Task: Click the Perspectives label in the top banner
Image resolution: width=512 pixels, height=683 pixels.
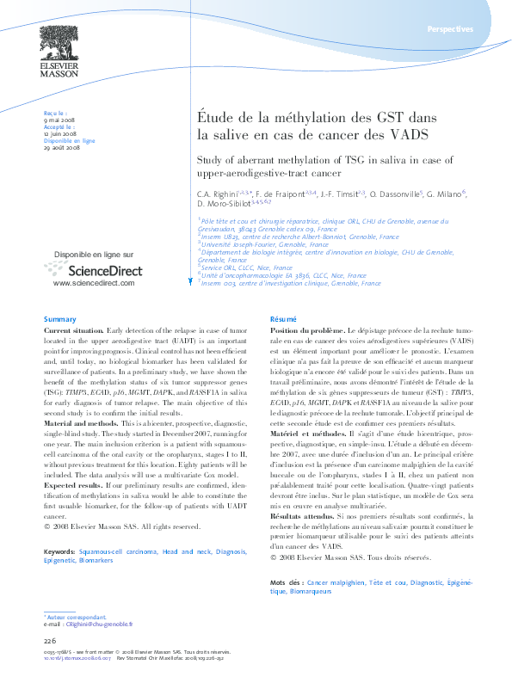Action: click(x=449, y=29)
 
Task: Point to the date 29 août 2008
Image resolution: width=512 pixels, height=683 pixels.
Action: click(x=62, y=148)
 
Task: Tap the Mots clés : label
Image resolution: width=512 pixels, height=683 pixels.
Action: click(x=287, y=583)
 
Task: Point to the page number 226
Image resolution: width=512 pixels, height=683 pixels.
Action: click(x=50, y=641)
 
